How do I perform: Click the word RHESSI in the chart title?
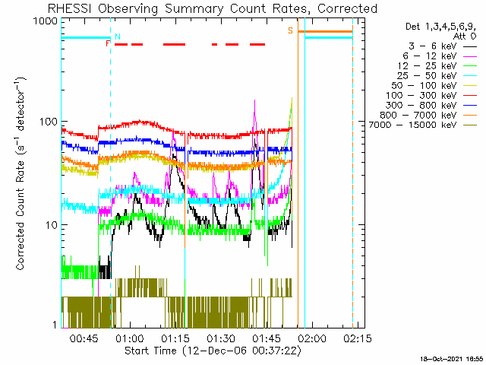click(70, 8)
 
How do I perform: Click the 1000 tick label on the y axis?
click(45, 21)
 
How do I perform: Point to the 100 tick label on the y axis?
click(48, 121)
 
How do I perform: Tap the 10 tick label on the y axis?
click(52, 225)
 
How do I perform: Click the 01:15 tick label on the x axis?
click(175, 338)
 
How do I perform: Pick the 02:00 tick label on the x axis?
click(312, 338)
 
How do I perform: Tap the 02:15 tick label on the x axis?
click(358, 338)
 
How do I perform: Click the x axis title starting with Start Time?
click(213, 351)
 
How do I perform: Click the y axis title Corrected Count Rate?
click(21, 173)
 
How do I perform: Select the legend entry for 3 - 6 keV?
click(443, 46)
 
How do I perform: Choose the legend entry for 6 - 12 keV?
click(440, 56)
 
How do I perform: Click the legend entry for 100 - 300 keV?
click(431, 96)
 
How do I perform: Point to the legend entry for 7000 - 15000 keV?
click(423, 125)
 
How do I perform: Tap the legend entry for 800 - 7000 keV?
click(428, 115)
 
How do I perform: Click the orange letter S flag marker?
click(290, 30)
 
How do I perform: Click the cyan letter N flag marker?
click(118, 36)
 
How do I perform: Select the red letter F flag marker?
click(108, 43)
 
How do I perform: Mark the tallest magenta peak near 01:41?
click(255, 100)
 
